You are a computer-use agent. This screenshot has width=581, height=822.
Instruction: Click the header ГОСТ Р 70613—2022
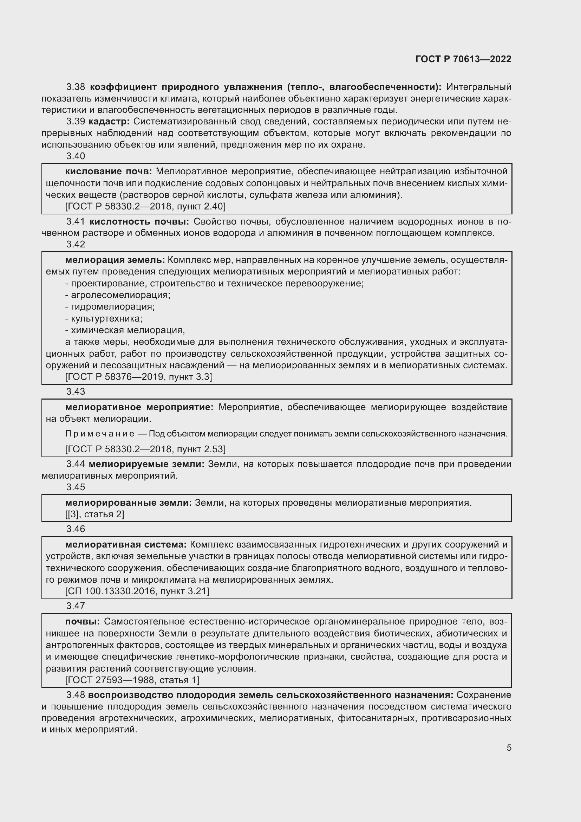(x=463, y=59)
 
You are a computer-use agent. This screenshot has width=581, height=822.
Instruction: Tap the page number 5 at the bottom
(x=509, y=747)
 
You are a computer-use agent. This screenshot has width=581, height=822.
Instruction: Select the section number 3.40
(x=76, y=156)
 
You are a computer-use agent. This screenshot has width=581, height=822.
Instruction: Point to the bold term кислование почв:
(x=109, y=171)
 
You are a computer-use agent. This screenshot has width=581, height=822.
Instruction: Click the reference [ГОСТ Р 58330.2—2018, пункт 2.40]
(x=145, y=206)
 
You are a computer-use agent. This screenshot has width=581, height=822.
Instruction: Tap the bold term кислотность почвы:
(x=139, y=222)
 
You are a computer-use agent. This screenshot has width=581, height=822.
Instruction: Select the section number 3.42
(x=76, y=244)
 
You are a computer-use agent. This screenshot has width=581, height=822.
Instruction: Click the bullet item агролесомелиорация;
(x=118, y=295)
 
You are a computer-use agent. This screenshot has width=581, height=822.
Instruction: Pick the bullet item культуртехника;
(x=104, y=318)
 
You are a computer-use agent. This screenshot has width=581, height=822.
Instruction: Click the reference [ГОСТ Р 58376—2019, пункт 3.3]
(x=138, y=377)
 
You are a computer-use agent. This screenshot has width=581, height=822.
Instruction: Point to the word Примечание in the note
(x=100, y=434)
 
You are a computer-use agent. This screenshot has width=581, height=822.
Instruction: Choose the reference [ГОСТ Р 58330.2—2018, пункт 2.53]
(x=145, y=449)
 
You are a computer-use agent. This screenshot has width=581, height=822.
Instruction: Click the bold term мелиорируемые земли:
(x=146, y=464)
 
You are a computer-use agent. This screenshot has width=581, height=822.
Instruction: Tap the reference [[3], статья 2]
(x=94, y=514)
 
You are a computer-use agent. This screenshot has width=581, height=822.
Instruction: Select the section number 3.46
(x=76, y=529)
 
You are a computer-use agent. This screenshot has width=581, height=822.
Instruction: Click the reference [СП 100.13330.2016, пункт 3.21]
(x=137, y=591)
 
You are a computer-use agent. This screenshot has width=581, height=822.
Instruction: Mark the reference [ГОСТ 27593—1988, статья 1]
(x=132, y=680)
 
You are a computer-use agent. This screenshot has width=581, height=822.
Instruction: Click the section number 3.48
(x=76, y=695)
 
